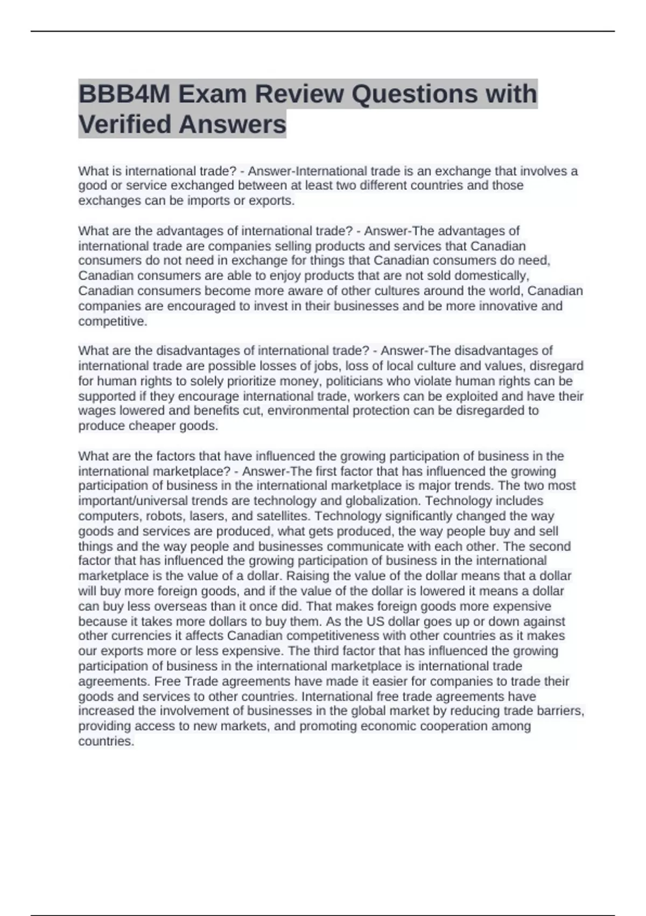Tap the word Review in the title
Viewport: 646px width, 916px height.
[x=298, y=94]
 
